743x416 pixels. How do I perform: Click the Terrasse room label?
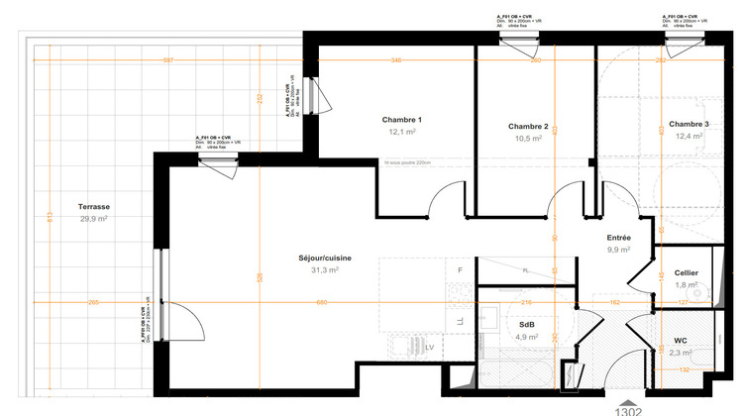point(94,207)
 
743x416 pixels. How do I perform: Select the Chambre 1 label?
point(402,120)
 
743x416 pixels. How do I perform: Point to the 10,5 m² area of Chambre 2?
point(528,139)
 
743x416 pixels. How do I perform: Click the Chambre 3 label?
point(689,125)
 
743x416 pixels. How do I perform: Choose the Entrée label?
point(620,238)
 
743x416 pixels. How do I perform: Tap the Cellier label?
point(687,272)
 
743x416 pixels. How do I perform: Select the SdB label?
point(527,324)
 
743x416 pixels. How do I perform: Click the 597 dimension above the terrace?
point(167,60)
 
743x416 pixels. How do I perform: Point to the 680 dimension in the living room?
point(322,302)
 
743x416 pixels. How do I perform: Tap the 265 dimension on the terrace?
point(93,302)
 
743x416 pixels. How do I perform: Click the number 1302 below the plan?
point(629,409)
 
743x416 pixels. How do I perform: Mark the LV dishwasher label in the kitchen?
point(429,348)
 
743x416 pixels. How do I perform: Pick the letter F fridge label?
point(460,269)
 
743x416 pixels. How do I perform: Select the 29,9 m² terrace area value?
point(94,219)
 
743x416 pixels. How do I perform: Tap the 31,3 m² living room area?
point(326,269)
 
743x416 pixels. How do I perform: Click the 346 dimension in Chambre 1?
point(396,60)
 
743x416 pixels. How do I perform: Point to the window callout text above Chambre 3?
point(685,22)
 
